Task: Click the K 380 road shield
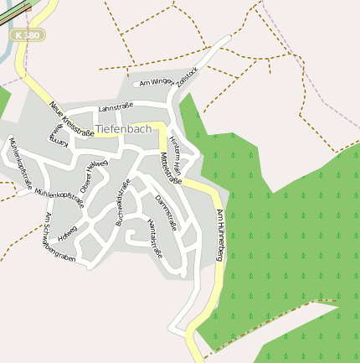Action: (28, 36)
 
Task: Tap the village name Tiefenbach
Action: (123, 128)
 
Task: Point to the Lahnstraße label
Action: (116, 108)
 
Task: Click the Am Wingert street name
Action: (156, 81)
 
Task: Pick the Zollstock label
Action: (186, 75)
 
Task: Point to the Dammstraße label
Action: (166, 212)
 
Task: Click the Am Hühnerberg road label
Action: (220, 235)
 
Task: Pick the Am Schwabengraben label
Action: (59, 240)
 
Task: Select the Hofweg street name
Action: (68, 231)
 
